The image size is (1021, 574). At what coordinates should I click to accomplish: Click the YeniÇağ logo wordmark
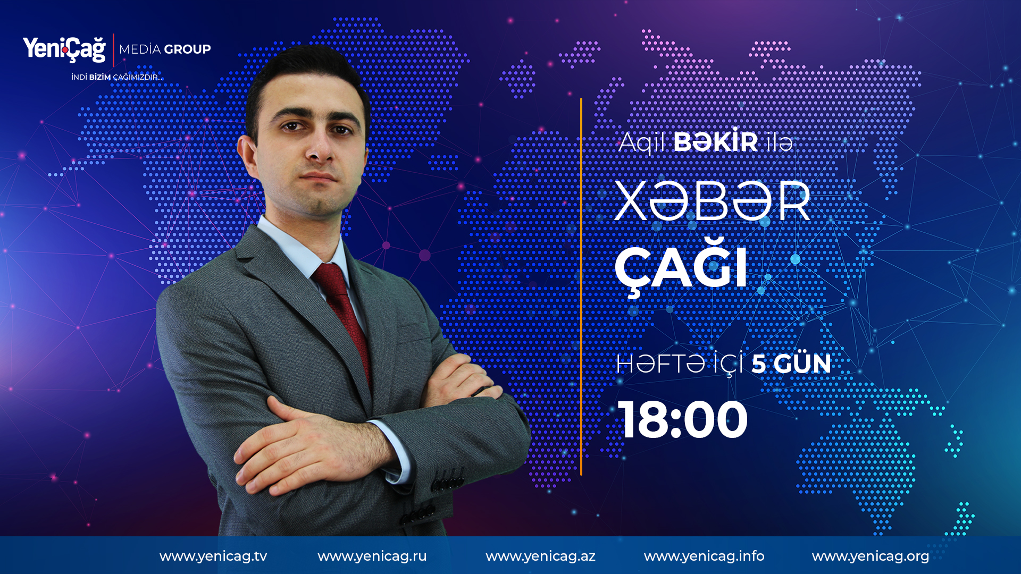[x=64, y=49]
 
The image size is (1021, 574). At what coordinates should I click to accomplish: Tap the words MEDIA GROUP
[x=165, y=49]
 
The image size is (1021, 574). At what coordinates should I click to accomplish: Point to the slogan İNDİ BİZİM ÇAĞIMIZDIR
[x=116, y=77]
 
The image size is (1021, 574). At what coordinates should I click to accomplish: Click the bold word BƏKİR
[x=716, y=141]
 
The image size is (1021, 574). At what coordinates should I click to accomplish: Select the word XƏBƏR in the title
[x=713, y=201]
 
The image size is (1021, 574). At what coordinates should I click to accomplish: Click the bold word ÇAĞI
[x=681, y=267]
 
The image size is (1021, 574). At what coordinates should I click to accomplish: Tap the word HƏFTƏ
[x=661, y=364]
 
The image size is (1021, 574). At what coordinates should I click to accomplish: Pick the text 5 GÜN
[x=791, y=364]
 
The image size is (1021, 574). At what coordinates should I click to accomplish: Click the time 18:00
[x=683, y=420]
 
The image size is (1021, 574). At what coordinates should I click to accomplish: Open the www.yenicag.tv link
[x=213, y=556]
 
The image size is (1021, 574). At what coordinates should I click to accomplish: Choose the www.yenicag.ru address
[x=372, y=556]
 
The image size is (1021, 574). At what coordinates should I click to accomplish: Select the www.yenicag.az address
[x=540, y=556]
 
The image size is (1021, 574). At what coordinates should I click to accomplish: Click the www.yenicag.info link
[x=704, y=556]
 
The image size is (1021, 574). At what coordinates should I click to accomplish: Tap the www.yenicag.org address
[x=871, y=556]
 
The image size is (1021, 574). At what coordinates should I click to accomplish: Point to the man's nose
[x=319, y=146]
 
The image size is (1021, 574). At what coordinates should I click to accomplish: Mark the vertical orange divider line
[x=581, y=286]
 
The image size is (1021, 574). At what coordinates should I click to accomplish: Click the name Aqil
[x=642, y=142]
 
